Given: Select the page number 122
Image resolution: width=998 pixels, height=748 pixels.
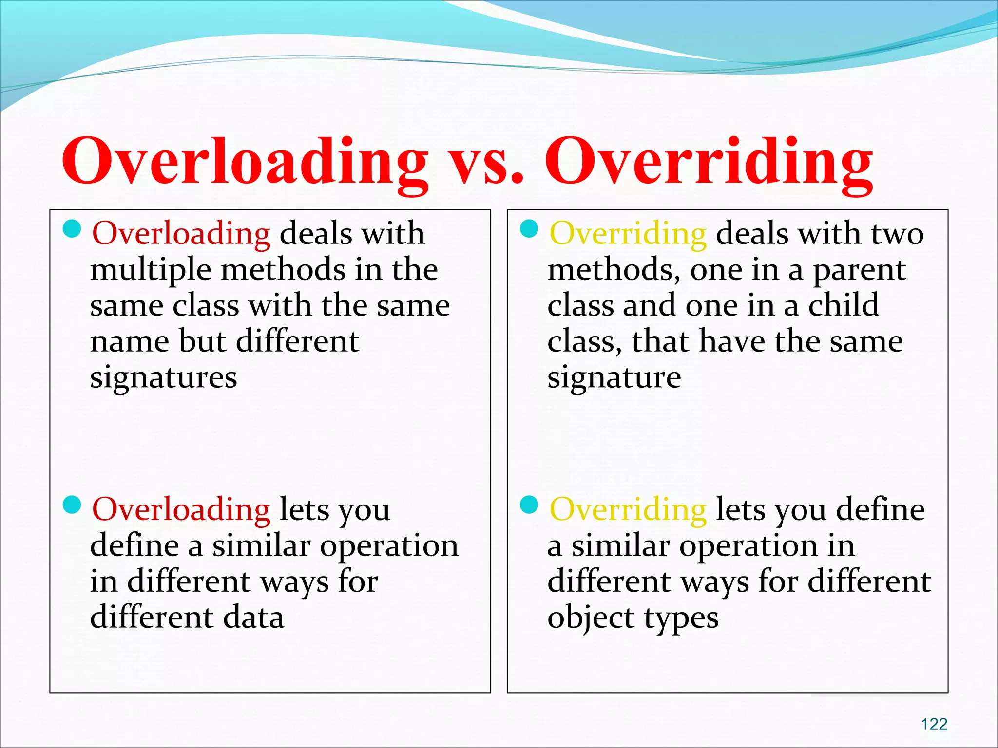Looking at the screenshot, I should pyautogui.click(x=934, y=724).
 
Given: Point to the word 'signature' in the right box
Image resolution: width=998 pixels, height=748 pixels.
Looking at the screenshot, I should pyautogui.click(x=614, y=377).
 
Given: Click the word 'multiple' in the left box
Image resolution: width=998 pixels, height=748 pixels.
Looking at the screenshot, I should pyautogui.click(x=151, y=271).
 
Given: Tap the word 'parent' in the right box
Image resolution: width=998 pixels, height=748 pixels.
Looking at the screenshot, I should pyautogui.click(x=859, y=271).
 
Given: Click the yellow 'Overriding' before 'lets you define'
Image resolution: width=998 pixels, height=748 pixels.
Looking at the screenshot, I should pyautogui.click(x=628, y=510).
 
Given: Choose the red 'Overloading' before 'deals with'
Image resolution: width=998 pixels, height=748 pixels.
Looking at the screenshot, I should pyautogui.click(x=181, y=234).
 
